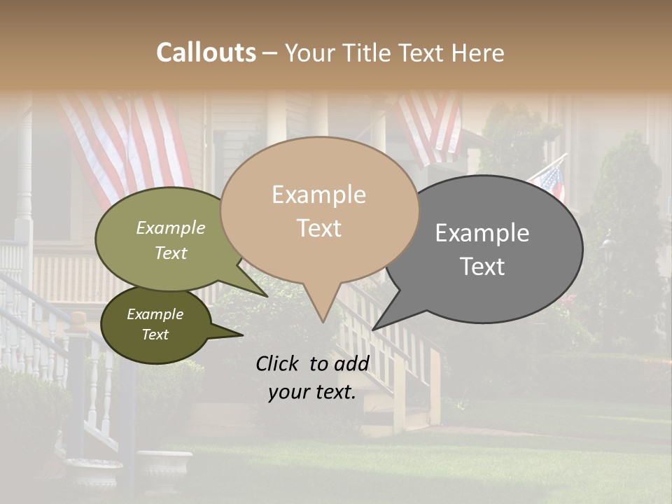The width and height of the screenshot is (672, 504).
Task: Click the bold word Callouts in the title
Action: click(206, 52)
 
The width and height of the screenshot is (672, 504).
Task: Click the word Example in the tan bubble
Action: click(318, 195)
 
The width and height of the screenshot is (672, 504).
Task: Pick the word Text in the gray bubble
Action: click(482, 267)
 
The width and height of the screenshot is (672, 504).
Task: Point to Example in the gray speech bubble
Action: click(482, 233)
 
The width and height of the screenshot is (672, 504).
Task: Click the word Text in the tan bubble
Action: click(318, 228)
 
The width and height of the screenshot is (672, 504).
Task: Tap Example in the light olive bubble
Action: click(171, 227)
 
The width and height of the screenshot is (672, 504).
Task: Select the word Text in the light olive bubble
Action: click(171, 253)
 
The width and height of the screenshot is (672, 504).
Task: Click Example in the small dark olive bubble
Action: click(155, 314)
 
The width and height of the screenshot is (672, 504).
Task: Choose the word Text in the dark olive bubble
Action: click(155, 335)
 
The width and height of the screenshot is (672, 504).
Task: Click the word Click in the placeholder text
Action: click(279, 363)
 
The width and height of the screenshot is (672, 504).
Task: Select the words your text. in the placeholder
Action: click(311, 392)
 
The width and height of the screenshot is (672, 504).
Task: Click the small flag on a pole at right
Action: click(549, 178)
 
